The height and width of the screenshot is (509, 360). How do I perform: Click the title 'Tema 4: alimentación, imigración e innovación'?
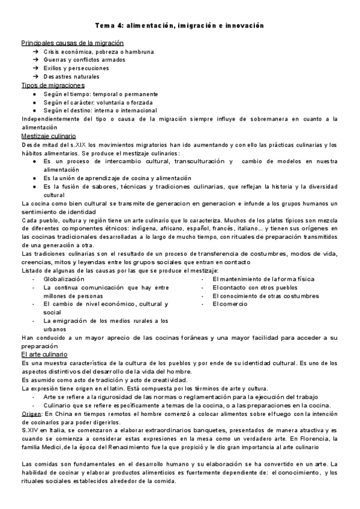179,26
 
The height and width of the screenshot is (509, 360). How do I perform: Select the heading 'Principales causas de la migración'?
72,43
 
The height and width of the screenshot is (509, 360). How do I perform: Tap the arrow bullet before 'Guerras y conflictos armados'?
35,60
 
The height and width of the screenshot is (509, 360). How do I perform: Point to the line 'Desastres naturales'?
71,77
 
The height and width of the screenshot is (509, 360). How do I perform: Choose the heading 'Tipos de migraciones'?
52,85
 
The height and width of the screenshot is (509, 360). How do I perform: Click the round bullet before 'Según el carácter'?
35,102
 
